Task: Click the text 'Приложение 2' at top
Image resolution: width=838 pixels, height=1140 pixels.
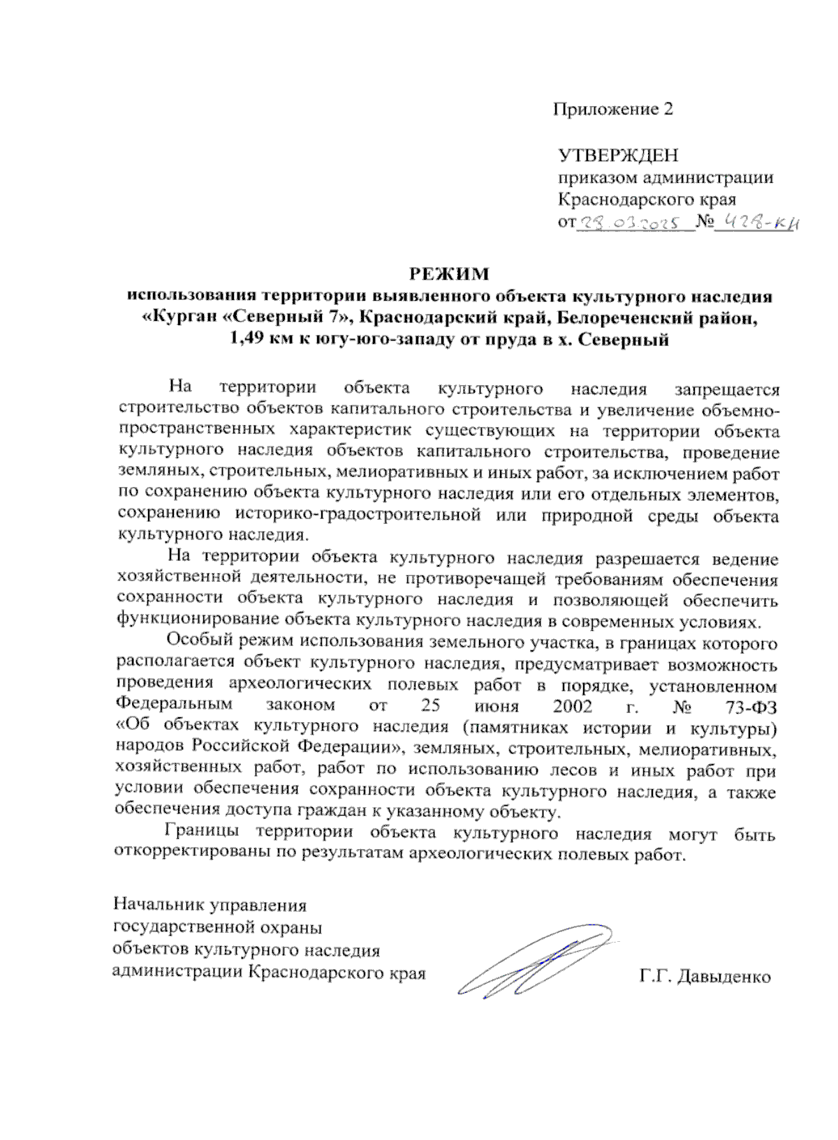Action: click(613, 110)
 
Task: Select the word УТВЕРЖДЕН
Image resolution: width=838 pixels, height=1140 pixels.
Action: click(618, 155)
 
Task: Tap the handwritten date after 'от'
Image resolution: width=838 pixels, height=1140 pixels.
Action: click(634, 224)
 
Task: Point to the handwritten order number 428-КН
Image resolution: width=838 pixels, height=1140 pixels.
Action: click(763, 223)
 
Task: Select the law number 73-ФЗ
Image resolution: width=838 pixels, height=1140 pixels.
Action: click(751, 706)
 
